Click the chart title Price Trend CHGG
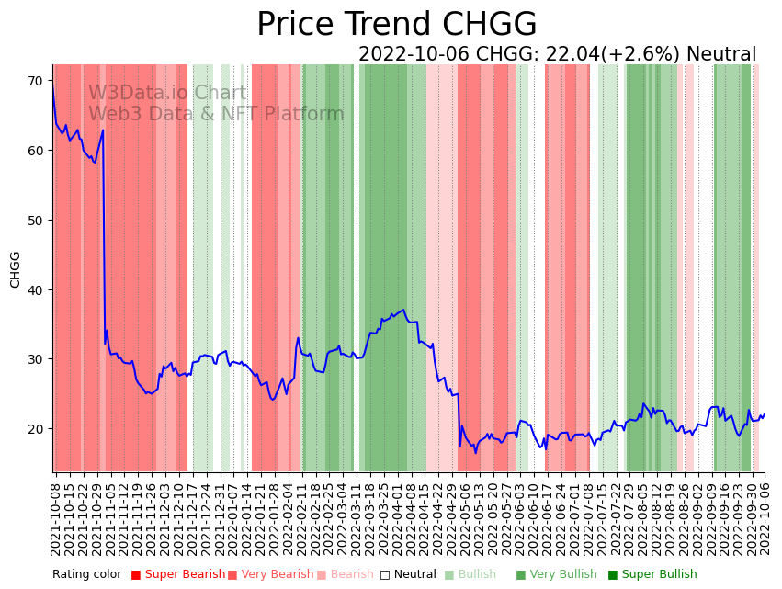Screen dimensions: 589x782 (x=396, y=24)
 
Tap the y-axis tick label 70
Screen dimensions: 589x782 (x=35, y=81)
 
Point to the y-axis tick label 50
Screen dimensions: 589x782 (x=35, y=220)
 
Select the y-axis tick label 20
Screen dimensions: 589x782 (x=35, y=428)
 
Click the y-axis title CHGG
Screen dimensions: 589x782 (x=16, y=269)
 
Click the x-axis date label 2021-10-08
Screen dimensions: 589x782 (x=56, y=518)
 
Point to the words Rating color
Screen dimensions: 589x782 (x=87, y=574)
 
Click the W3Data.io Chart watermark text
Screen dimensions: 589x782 (x=167, y=93)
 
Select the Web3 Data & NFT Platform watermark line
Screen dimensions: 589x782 (x=216, y=114)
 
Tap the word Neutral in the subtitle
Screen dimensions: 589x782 (x=721, y=55)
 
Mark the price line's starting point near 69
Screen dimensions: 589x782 (x=53, y=87)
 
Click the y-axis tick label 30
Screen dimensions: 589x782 (x=35, y=358)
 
